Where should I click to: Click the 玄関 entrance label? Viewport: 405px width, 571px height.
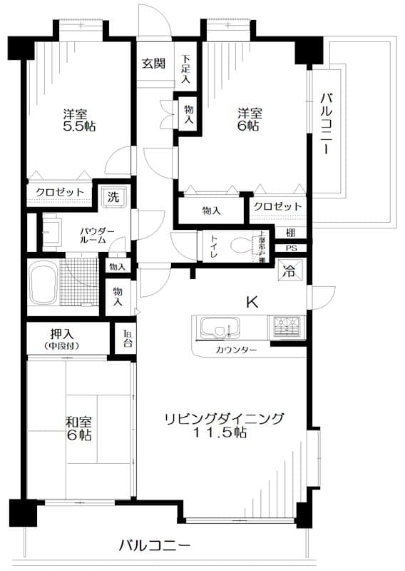click(153, 63)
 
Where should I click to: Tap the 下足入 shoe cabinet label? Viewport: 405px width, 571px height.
click(185, 69)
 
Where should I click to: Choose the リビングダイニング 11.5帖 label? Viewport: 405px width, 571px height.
click(224, 425)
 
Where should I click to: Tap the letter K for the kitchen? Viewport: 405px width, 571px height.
click(252, 302)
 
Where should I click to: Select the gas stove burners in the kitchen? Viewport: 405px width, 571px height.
click(288, 328)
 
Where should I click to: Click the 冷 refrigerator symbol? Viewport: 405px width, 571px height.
click(289, 271)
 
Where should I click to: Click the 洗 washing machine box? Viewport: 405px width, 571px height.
click(113, 196)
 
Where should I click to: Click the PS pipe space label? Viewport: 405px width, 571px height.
click(291, 248)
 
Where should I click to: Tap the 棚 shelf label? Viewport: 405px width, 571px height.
click(291, 233)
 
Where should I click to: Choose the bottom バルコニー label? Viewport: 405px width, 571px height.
click(154, 546)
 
